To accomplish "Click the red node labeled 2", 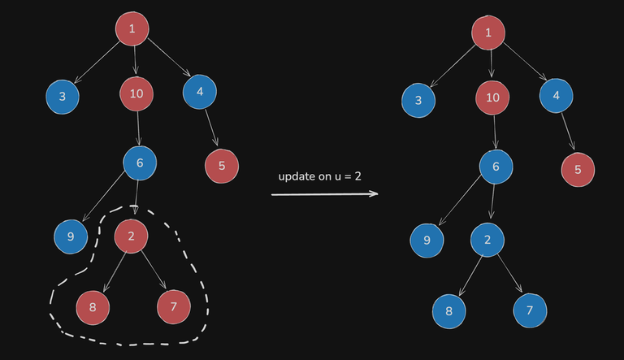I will tap(131, 236).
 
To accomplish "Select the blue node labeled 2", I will tap(487, 240).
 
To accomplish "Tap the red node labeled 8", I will tap(93, 306).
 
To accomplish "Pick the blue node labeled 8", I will tap(448, 310).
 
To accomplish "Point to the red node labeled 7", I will tap(173, 306).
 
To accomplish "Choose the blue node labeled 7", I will tap(530, 310).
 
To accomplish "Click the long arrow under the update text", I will tap(325, 194).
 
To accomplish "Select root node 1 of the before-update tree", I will tap(132, 30).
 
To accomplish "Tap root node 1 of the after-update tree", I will tap(488, 33).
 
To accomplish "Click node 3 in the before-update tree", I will tap(62, 97).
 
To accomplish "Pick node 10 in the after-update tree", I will tap(492, 98).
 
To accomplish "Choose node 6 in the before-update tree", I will tap(140, 163).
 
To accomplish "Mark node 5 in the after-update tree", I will tap(578, 170).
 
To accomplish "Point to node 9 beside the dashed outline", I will tap(70, 236).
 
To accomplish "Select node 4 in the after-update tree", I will tap(556, 95).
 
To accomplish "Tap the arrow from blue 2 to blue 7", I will tap(509, 275).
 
